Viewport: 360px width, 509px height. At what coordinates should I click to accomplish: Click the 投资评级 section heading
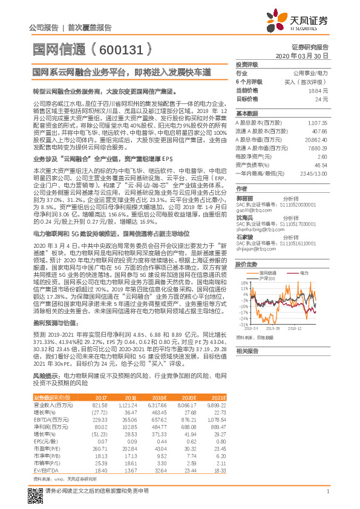[246, 63]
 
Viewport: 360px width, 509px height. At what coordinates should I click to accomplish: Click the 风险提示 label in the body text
[45, 375]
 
